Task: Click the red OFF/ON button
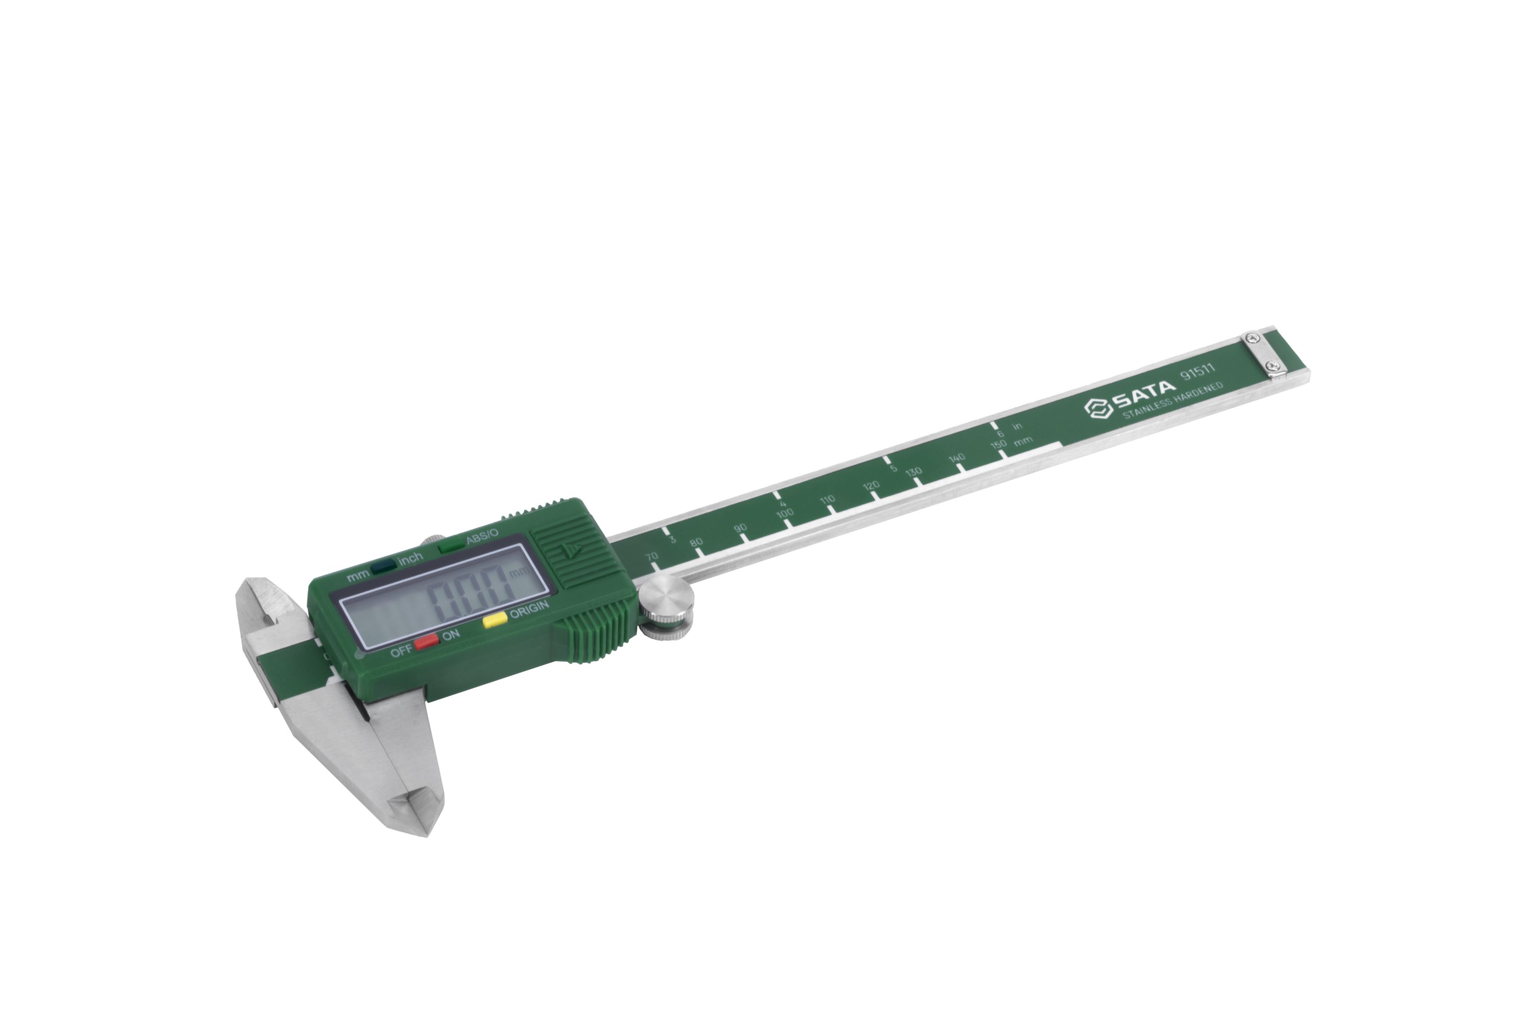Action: pyautogui.click(x=427, y=642)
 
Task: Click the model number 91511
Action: pyautogui.click(x=1197, y=374)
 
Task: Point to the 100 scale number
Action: pyautogui.click(x=784, y=513)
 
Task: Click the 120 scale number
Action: pyautogui.click(x=871, y=485)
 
